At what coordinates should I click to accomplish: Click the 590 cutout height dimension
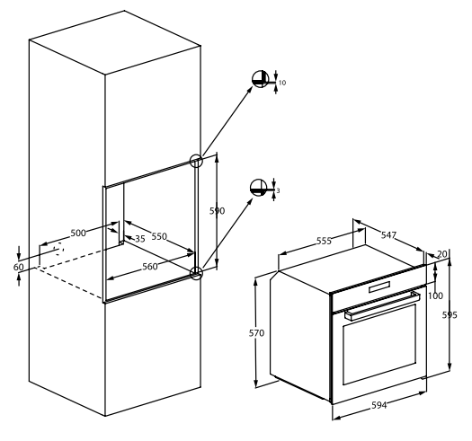point(217,211)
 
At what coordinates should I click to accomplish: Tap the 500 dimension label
point(78,233)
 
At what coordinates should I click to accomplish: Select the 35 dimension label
point(140,239)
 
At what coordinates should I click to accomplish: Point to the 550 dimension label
point(159,236)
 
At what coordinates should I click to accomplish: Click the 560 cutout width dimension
point(150,266)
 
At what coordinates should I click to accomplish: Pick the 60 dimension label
point(18,267)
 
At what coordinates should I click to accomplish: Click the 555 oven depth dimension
point(324,241)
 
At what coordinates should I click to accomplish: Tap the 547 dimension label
point(388,235)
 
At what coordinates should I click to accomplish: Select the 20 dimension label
point(442,254)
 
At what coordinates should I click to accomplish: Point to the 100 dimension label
point(435,295)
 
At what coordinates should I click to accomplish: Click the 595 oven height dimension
point(450,315)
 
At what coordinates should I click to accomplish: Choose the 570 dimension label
point(256,333)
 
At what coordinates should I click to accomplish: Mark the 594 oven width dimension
point(379,405)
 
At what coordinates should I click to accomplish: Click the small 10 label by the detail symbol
point(282,83)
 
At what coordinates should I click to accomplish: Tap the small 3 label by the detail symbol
point(278,190)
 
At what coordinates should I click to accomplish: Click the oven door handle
point(382,305)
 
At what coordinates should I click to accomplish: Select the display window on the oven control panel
point(379,287)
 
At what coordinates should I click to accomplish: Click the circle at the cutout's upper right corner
point(196,161)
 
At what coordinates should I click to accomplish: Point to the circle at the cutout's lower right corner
point(197,273)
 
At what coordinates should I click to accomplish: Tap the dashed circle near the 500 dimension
point(58,249)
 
